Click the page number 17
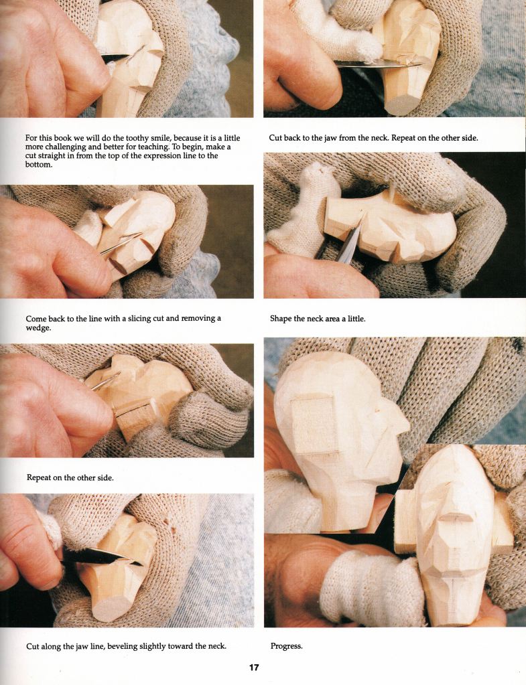click(x=253, y=668)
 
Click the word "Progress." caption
click(x=286, y=646)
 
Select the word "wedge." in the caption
click(x=38, y=328)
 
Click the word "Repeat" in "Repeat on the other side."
click(x=38, y=478)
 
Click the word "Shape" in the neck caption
click(x=280, y=319)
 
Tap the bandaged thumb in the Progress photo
click(x=372, y=585)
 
